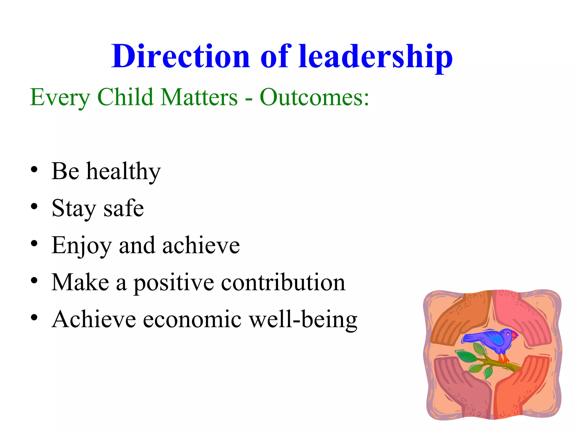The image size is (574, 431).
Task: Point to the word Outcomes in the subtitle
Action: click(x=314, y=97)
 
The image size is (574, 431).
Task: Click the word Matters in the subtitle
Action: click(x=200, y=97)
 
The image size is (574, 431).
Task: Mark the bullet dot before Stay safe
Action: click(x=34, y=207)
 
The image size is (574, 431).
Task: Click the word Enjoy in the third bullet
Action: click(x=82, y=246)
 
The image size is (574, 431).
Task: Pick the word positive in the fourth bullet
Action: click(x=173, y=283)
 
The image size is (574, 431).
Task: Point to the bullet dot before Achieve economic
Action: click(x=34, y=318)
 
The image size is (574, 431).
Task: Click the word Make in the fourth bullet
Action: click(x=80, y=282)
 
